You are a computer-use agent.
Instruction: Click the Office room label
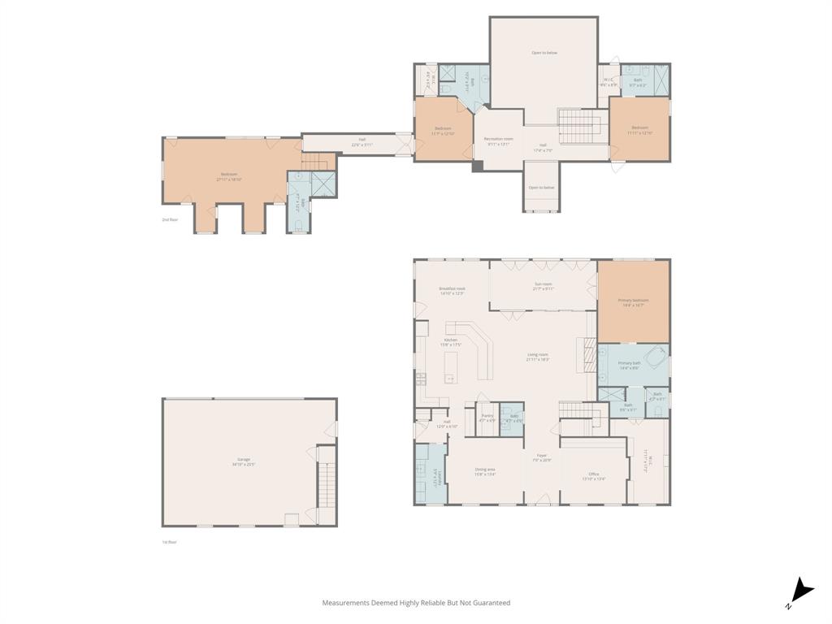[594, 476]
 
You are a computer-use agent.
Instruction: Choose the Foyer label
[541, 457]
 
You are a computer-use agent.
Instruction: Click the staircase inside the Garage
[327, 483]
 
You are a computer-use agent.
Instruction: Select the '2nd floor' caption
[170, 220]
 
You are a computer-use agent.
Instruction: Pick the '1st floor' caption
[169, 542]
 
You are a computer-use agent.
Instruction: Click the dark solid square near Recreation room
[478, 166]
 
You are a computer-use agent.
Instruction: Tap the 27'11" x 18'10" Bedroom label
[228, 176]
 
